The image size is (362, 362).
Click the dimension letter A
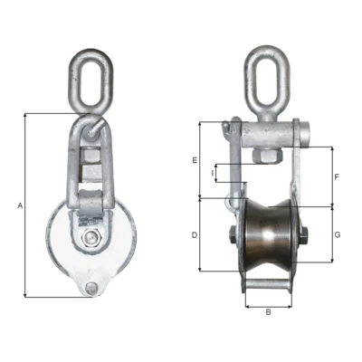pos(20,206)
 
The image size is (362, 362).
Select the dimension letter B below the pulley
pos(268,312)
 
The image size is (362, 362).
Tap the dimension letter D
pos(195,234)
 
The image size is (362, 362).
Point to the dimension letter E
pos(195,159)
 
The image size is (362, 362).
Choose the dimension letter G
pos(338,234)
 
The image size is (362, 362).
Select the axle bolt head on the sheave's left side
pos(231,239)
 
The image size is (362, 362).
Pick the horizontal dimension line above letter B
pos(268,305)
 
